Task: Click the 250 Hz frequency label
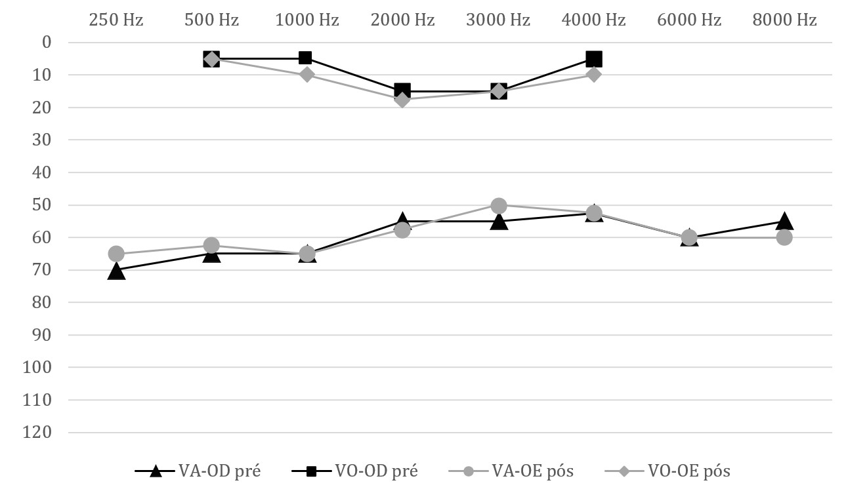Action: (x=116, y=20)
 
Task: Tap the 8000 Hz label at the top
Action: (x=785, y=20)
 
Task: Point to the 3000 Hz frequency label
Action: (x=498, y=20)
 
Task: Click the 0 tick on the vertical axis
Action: (x=46, y=43)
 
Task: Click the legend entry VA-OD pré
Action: (x=198, y=471)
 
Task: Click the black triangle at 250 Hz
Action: (x=116, y=270)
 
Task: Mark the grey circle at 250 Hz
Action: (x=116, y=254)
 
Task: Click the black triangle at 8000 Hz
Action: (x=784, y=220)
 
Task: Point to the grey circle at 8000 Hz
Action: (x=784, y=237)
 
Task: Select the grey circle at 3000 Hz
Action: (x=499, y=205)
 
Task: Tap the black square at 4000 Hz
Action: (x=594, y=59)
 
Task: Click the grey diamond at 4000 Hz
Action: (x=594, y=74)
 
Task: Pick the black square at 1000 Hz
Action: (x=306, y=58)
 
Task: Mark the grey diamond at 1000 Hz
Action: (x=307, y=74)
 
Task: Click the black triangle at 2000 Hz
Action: (x=403, y=220)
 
